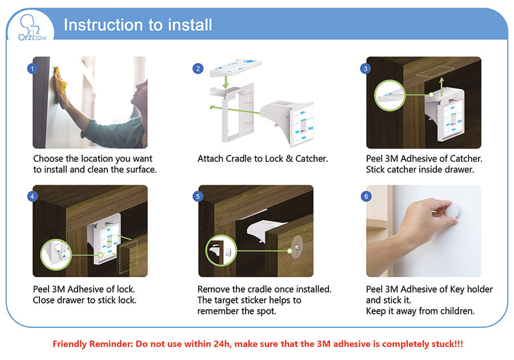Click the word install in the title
(190, 25)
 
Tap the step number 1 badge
(32, 69)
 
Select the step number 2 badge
(198, 69)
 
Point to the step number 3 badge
(366, 69)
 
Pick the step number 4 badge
(32, 197)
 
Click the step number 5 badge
(198, 197)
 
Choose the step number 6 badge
(366, 197)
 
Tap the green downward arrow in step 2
(225, 82)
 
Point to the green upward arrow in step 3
(441, 87)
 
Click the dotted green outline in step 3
(435, 72)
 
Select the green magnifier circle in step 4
(56, 254)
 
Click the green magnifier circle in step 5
(221, 250)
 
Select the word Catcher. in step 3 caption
(466, 159)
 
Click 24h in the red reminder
(223, 344)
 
